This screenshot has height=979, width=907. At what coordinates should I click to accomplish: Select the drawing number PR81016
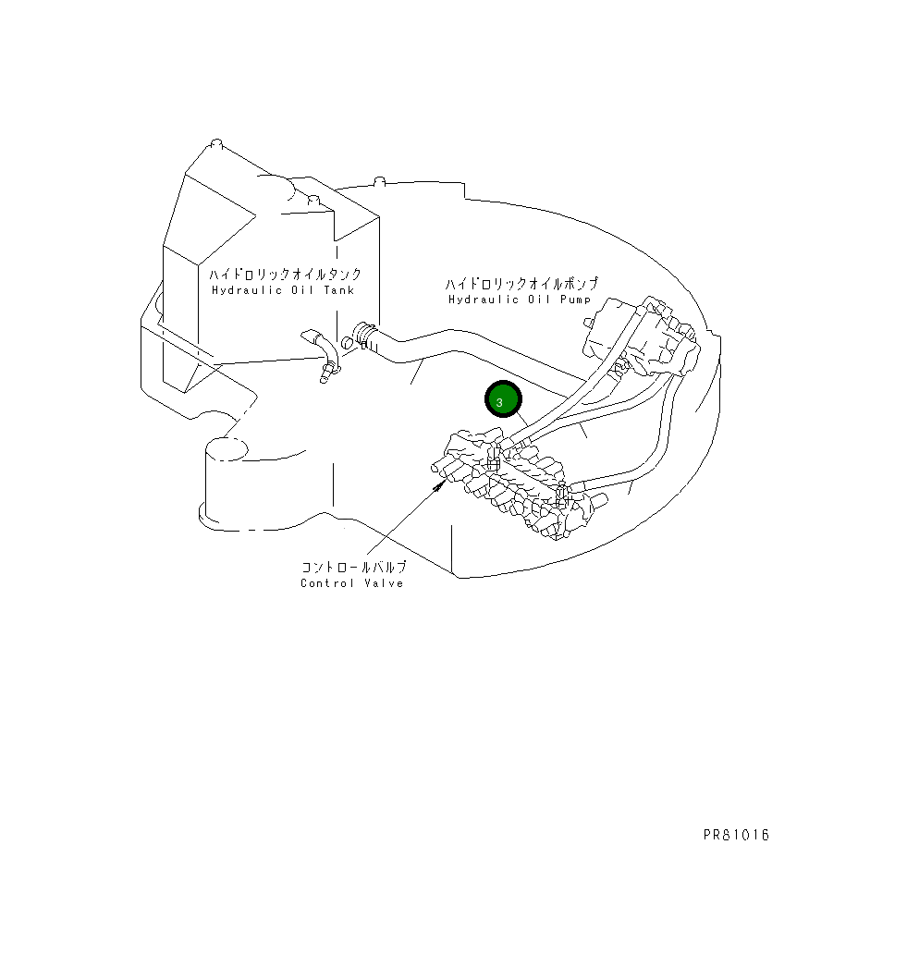(735, 836)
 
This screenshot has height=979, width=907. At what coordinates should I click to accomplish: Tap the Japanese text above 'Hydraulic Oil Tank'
(284, 275)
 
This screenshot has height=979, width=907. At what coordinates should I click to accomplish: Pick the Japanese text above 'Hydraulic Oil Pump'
(521, 284)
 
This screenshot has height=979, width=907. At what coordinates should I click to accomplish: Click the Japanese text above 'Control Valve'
(353, 567)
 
